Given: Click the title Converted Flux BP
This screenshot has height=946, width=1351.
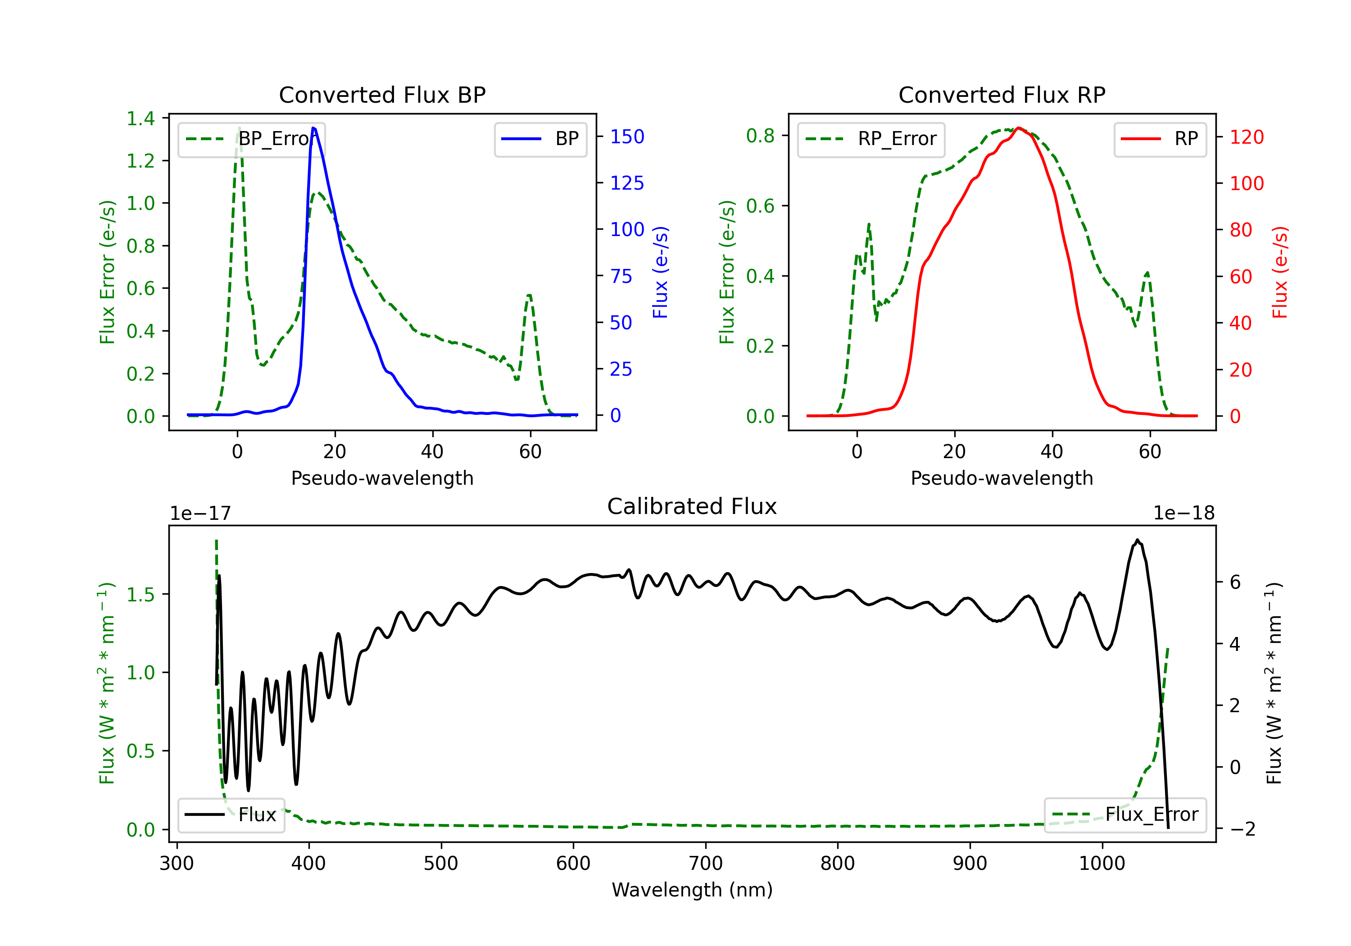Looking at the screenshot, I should (382, 95).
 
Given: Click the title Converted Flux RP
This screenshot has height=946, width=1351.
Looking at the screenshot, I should (1002, 95).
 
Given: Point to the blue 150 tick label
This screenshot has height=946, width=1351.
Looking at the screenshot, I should (627, 136).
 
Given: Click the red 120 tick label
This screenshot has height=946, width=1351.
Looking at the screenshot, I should (1246, 137).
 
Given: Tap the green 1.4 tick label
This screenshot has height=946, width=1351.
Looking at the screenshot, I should (141, 118).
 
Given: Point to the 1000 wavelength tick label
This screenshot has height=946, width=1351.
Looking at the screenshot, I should (1102, 863).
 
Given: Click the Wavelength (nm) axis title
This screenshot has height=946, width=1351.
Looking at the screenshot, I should (692, 890).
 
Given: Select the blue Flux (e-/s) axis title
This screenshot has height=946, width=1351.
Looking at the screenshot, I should (660, 272).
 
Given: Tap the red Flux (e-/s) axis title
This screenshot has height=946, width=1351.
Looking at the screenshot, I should (1280, 272).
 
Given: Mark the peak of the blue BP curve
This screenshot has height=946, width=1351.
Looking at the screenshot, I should (313, 128).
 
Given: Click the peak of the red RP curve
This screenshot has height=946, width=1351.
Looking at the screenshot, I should (1019, 128).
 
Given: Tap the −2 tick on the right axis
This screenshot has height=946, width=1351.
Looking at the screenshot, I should (1242, 829).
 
